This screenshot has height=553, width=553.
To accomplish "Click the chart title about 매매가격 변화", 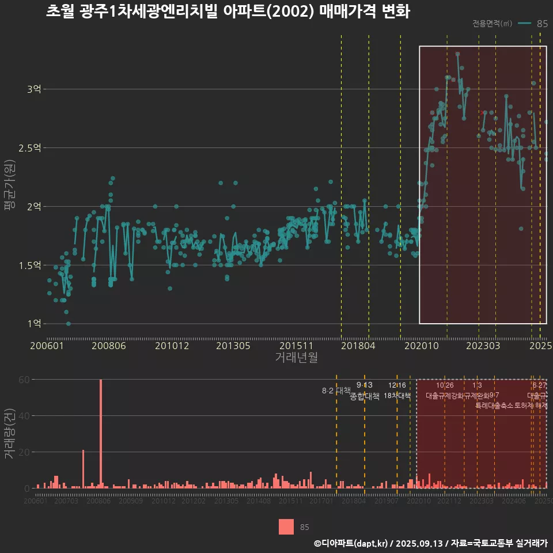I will tap(228, 12).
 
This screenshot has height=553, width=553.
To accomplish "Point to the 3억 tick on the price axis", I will tap(33, 89).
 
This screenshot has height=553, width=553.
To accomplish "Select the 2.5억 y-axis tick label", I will tap(29, 148).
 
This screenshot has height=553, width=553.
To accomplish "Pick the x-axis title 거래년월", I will tap(296, 357).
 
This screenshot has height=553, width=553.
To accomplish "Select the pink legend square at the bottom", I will tap(286, 527).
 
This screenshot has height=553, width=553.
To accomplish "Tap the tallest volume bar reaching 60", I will tap(101, 433).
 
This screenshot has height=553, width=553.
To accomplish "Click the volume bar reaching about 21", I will tap(84, 469).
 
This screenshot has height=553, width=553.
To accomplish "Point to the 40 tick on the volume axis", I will tap(24, 416).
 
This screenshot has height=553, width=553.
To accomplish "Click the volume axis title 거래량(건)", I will tap(9, 433).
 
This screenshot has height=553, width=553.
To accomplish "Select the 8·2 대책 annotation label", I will tap(336, 391).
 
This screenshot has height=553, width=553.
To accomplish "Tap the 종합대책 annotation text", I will tap(364, 396).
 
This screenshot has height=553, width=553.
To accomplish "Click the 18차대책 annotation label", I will tap(397, 396).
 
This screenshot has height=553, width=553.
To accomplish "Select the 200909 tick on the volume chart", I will tap(131, 502).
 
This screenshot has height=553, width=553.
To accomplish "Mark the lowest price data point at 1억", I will tap(69, 324).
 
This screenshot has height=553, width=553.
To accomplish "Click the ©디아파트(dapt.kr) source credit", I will tap(351, 543).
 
